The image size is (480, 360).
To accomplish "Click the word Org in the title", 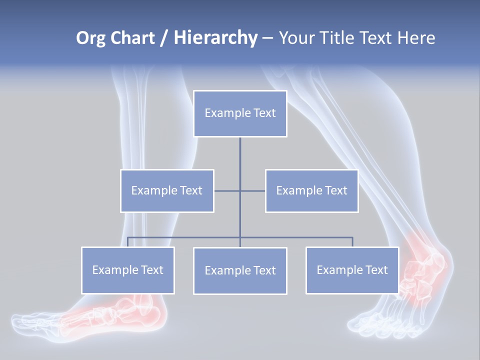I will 90,38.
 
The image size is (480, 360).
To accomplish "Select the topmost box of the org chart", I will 240,113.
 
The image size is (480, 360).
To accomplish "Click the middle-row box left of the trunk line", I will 167,190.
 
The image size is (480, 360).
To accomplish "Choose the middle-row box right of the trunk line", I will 311,190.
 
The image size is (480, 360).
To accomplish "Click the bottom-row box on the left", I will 128,270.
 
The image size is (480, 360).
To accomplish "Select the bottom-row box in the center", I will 240,270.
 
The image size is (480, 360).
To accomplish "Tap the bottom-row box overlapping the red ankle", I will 352,270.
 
